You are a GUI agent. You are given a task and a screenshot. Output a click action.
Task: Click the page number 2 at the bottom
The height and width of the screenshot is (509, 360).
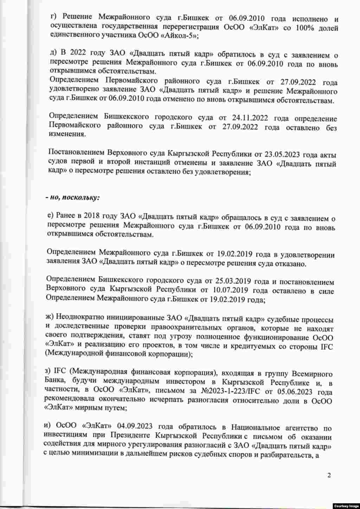coord(329,476)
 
